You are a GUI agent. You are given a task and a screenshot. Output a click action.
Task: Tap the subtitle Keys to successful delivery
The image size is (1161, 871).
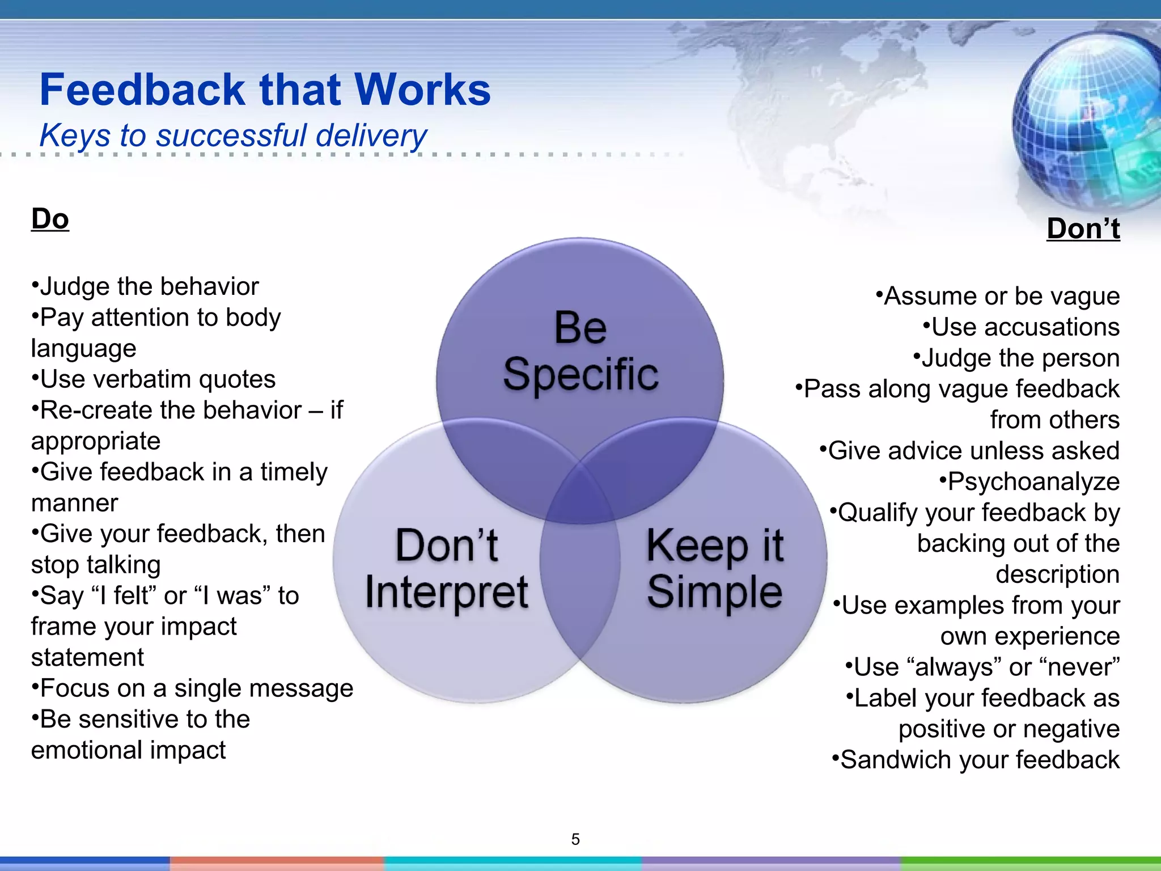(233, 136)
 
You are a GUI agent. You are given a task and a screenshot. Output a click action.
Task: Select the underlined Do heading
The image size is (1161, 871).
(50, 219)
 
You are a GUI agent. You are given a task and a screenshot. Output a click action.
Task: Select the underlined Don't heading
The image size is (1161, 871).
(1083, 229)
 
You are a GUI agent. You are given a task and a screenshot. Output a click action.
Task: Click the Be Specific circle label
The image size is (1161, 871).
(580, 352)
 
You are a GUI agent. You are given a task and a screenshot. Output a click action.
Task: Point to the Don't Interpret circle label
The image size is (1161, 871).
(447, 568)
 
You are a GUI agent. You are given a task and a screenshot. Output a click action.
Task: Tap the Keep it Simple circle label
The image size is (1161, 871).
(715, 568)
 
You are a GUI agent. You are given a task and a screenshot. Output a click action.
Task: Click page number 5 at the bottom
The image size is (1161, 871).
(575, 839)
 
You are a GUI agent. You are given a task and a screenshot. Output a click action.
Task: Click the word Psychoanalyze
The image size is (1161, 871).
(1033, 482)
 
